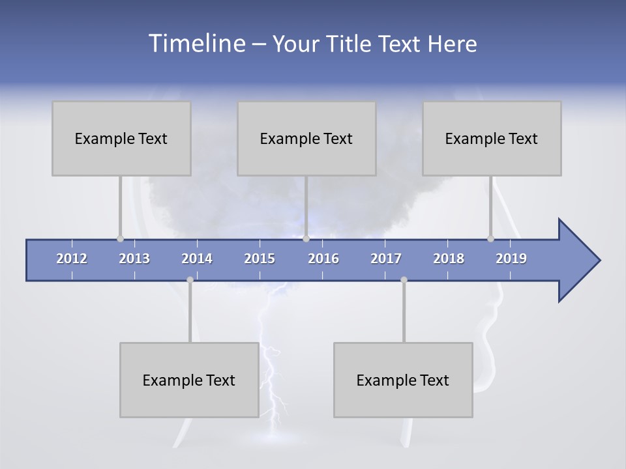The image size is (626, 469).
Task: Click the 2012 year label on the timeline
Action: [x=72, y=259]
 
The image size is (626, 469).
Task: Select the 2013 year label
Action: [x=134, y=259]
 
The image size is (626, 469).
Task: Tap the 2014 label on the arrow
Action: [x=197, y=259]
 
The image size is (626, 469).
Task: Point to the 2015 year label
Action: [x=260, y=259]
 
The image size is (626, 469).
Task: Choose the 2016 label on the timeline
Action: [x=323, y=259]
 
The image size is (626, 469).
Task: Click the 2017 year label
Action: [x=386, y=259]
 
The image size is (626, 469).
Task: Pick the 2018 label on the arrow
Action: [x=449, y=259]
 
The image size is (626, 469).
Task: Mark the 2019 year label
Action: [x=511, y=259]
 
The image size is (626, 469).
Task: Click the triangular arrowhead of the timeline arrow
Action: [x=578, y=261]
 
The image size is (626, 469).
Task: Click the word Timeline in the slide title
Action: [x=196, y=44]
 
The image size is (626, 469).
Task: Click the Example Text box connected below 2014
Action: [x=189, y=380]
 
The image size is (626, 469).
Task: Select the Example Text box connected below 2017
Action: [x=403, y=380]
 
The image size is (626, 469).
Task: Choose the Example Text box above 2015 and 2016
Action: [x=306, y=138]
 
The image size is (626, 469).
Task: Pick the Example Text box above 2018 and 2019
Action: [x=492, y=138]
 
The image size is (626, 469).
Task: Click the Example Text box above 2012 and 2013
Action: [x=121, y=138]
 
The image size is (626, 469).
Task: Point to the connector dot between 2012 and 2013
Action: [x=120, y=238]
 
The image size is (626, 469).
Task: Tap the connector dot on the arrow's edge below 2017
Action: [x=404, y=279]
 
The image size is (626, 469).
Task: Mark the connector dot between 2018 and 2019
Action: [x=490, y=238]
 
